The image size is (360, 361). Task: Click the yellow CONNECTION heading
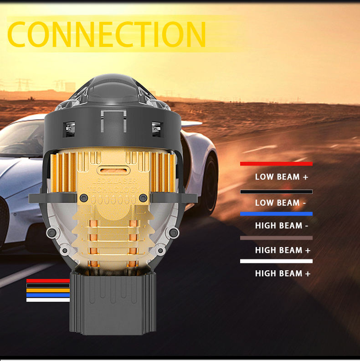coord(107,34)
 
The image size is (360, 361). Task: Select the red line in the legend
coord(276,164)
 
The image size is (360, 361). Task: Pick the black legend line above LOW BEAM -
coord(276,192)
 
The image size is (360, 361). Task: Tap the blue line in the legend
coord(276,214)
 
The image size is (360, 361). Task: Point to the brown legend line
coord(276,238)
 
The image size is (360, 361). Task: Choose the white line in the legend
coord(276,261)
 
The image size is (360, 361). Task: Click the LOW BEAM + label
coord(282,177)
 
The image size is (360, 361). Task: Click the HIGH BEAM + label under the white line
coord(283,273)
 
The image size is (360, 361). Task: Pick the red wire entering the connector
coord(48,280)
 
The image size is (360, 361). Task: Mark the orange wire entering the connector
coord(48,290)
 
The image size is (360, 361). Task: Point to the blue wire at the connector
coord(48,295)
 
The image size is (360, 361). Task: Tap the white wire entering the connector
coord(48,300)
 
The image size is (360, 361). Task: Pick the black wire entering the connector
coord(48,285)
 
